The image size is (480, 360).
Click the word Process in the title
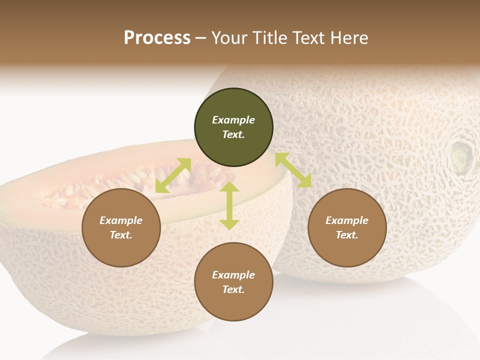tap(157, 38)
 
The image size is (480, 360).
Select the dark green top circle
tap(233, 127)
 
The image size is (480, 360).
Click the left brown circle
tap(121, 228)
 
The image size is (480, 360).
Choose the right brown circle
tap(347, 228)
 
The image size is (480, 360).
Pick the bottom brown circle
tap(233, 282)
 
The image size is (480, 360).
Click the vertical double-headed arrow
tap(229, 205)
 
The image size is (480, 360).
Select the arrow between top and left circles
tap(173, 175)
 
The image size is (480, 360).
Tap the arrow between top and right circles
tap(293, 170)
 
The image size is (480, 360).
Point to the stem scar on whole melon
tap(461, 156)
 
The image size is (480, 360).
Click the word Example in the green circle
tap(233, 120)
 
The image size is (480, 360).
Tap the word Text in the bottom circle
tap(233, 289)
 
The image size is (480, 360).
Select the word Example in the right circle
tap(347, 220)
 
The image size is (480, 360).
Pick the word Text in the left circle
tap(121, 235)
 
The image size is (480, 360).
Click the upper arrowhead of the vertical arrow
tap(229, 186)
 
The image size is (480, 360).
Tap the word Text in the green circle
tap(233, 134)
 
